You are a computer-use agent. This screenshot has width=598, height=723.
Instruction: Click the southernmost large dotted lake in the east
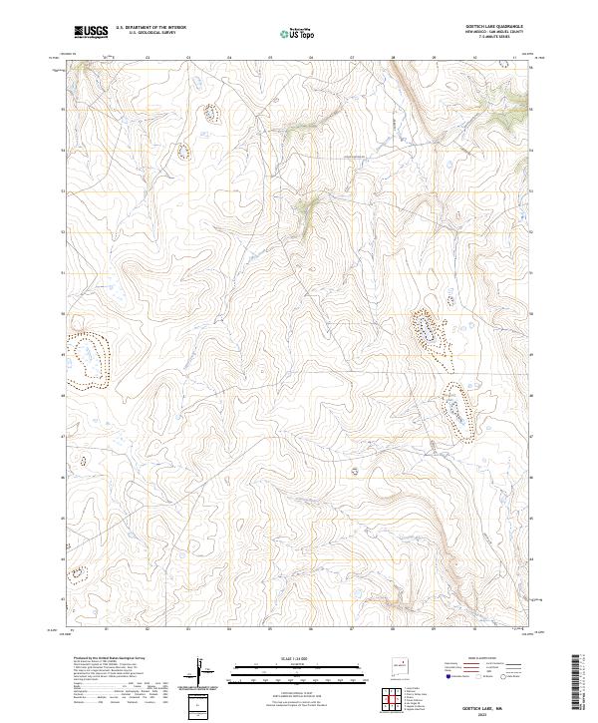(457, 411)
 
